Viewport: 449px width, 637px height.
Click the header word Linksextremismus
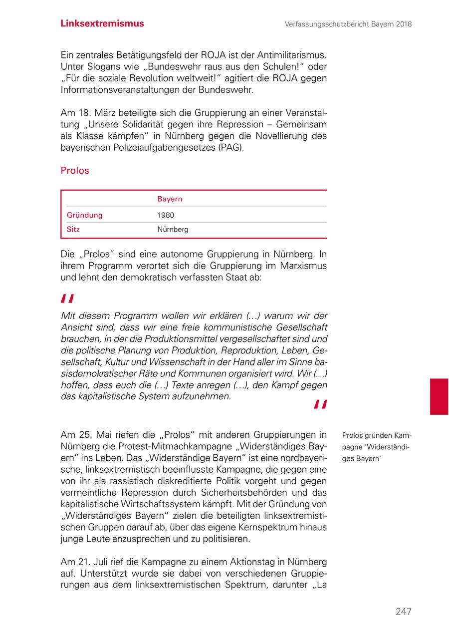point(102,23)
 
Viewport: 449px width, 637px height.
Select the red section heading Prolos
point(75,171)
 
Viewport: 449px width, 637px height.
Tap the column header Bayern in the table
point(170,199)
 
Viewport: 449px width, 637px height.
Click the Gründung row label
point(85,215)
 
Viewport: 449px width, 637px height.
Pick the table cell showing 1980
point(166,215)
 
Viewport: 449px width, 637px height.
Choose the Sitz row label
point(73,230)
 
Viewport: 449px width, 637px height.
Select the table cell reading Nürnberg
point(173,230)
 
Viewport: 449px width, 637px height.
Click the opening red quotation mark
point(67,299)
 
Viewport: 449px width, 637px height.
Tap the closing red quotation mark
point(320,404)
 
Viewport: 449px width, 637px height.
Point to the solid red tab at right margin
point(439,396)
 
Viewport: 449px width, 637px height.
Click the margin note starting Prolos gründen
point(377,447)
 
